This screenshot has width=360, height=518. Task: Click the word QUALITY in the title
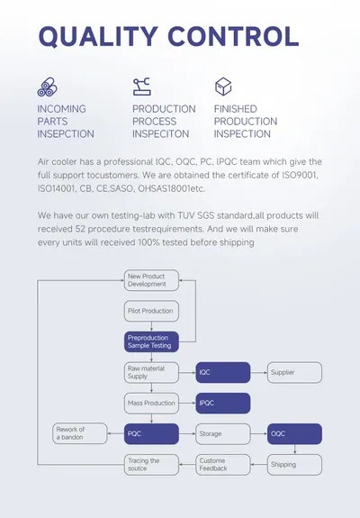(98, 36)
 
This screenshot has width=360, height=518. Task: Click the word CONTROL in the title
(233, 36)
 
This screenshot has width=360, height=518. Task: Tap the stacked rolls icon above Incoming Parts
(47, 87)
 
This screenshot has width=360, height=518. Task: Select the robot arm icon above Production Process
(141, 86)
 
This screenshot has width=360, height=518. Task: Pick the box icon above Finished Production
(223, 86)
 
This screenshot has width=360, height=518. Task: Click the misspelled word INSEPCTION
(66, 134)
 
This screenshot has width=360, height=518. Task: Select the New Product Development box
(151, 280)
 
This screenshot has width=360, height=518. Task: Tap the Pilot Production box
(151, 311)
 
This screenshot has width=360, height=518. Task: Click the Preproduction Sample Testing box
(151, 341)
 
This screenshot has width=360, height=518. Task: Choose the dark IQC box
(223, 373)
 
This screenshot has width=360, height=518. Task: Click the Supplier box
(294, 373)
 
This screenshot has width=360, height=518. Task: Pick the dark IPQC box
(223, 404)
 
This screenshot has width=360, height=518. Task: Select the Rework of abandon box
(80, 433)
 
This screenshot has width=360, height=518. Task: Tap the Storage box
(223, 434)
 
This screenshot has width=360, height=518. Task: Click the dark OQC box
(294, 434)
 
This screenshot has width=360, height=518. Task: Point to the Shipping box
(294, 465)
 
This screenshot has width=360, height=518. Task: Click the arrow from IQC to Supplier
(259, 373)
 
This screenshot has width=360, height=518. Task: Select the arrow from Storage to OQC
(259, 433)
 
